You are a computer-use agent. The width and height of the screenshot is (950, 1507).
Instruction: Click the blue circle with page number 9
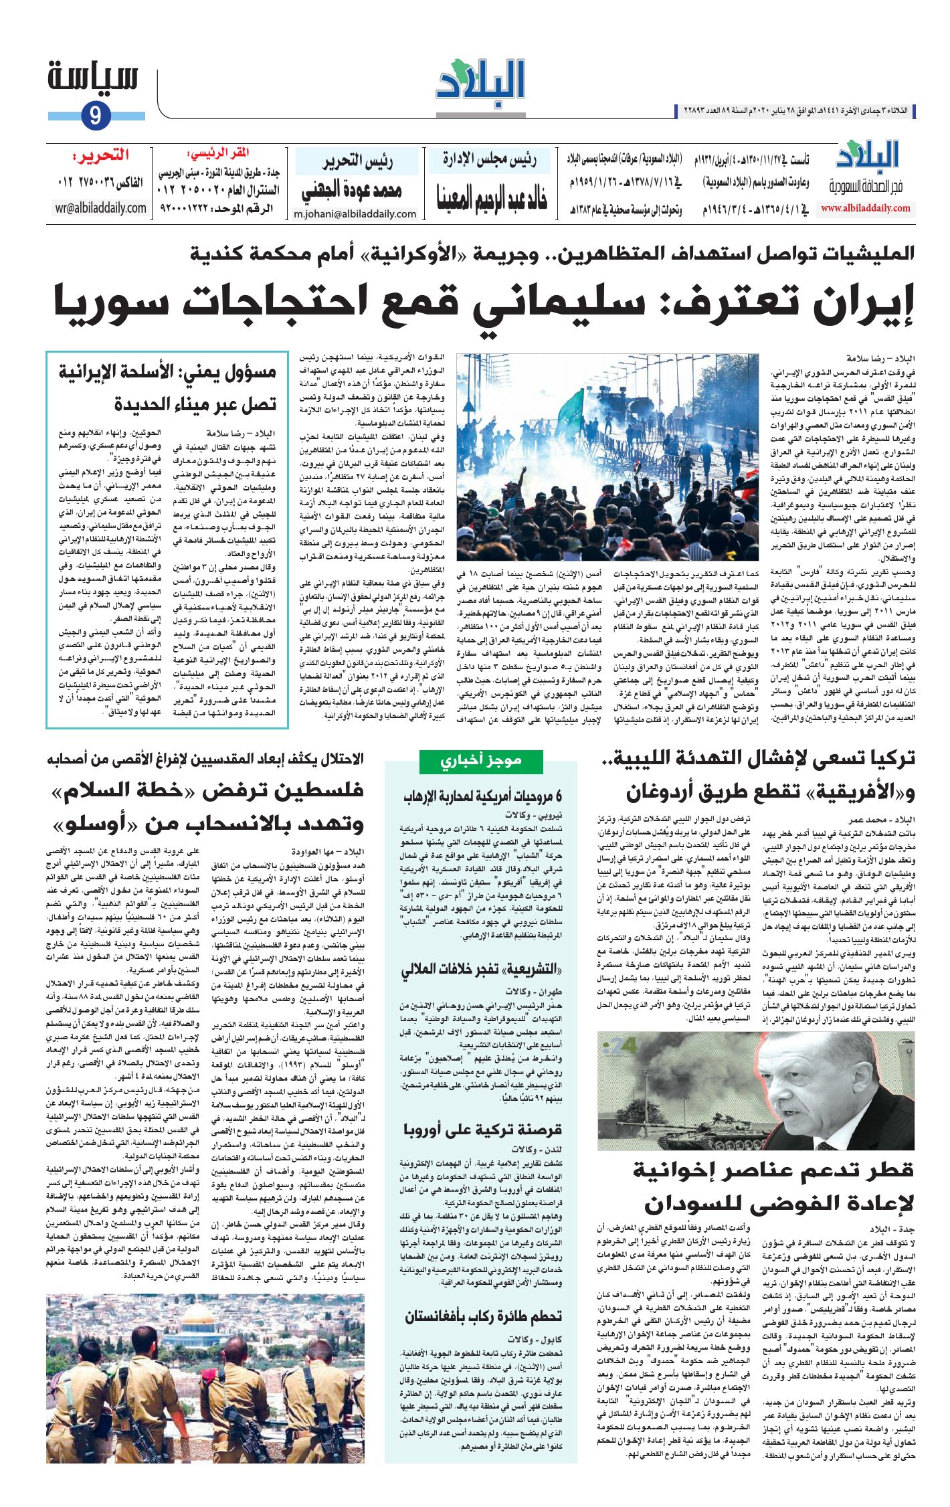coord(95,116)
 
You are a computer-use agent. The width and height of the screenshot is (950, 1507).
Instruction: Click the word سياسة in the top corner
coord(93,78)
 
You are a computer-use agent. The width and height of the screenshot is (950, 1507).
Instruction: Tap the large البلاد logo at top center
coord(480,83)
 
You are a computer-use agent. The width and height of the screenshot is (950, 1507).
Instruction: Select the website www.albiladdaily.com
coord(865,208)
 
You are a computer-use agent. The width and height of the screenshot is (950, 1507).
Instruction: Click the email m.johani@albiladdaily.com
coord(355,214)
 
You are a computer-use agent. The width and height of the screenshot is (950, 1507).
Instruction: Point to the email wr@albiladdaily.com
coord(101,208)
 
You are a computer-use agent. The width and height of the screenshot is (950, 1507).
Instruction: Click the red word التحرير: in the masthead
coord(101,156)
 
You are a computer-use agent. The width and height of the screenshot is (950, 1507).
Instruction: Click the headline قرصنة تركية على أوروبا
coord(482,1130)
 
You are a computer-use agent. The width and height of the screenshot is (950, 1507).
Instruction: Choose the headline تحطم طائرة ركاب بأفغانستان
coord(483,1315)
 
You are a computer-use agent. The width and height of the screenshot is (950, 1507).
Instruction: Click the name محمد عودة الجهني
coord(352,191)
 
